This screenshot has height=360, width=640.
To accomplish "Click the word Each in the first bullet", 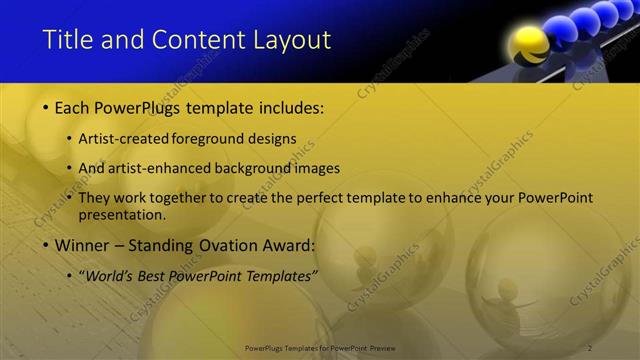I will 74,106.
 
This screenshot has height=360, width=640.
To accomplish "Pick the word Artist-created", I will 123,139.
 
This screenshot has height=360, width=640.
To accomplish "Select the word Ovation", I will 216,245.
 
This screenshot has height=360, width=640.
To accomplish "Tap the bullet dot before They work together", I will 69,198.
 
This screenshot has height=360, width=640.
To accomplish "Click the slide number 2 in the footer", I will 590,347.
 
